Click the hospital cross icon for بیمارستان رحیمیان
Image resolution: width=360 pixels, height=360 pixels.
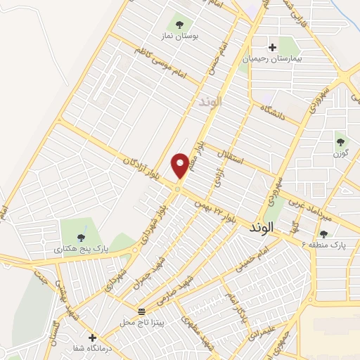click(x=273, y=47)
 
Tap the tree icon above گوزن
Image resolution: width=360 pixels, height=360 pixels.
click(x=341, y=141)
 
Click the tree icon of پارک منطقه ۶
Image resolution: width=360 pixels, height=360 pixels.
click(x=323, y=235)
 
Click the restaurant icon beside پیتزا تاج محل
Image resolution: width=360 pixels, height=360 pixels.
click(x=141, y=311)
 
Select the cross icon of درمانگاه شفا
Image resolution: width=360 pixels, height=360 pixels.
click(x=92, y=337)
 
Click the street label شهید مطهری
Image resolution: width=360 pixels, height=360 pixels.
click(x=194, y=330)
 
